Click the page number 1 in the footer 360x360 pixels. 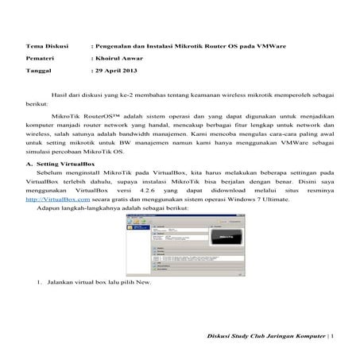pos(332,336)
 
